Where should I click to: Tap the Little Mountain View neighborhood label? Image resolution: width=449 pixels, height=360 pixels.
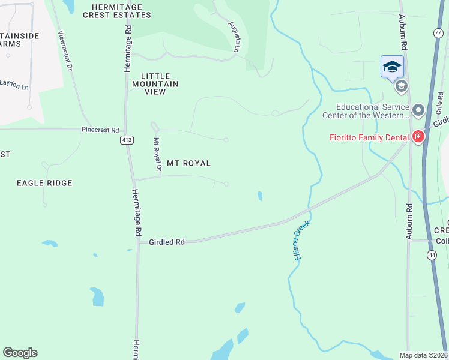(x=160, y=84)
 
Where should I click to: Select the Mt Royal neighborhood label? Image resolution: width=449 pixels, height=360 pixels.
(x=188, y=163)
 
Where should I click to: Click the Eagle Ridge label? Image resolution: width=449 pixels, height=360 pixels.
(x=44, y=183)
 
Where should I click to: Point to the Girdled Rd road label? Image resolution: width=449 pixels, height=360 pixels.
(x=167, y=242)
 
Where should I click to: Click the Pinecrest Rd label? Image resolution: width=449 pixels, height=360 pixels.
(x=100, y=130)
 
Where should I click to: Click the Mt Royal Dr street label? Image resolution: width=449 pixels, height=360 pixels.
(x=157, y=155)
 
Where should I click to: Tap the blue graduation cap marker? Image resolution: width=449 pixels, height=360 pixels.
(x=392, y=67)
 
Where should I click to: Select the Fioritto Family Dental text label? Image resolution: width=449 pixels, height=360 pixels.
(x=369, y=137)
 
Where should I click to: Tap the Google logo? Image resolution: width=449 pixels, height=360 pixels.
(x=20, y=353)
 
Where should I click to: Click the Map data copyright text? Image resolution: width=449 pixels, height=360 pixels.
(x=424, y=355)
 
